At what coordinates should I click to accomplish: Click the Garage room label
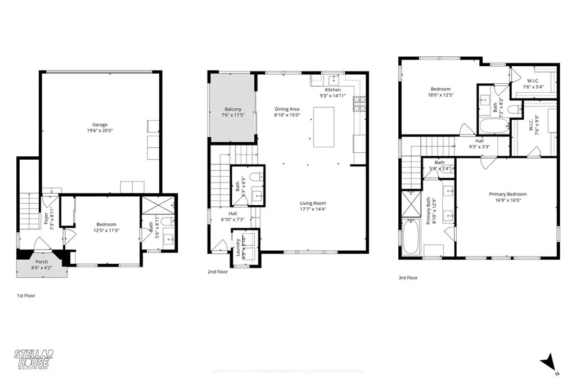pos(100,125)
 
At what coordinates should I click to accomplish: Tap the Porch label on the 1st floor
pos(42,261)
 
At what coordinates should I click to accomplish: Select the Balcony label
pos(233,109)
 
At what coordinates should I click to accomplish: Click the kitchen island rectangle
pos(323,127)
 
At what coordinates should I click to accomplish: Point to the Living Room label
pos(313,204)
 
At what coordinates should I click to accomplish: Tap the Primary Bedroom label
pos(507,194)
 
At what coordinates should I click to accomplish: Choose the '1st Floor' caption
pos(26,295)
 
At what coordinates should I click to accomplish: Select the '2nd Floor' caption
pos(218,272)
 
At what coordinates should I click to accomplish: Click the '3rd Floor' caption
pos(408,277)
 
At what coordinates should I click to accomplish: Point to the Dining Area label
pos(287,109)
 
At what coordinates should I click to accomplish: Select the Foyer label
pos(46,218)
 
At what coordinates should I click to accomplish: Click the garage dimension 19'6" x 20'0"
pos(100,131)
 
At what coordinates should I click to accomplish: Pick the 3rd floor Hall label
pos(479,141)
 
